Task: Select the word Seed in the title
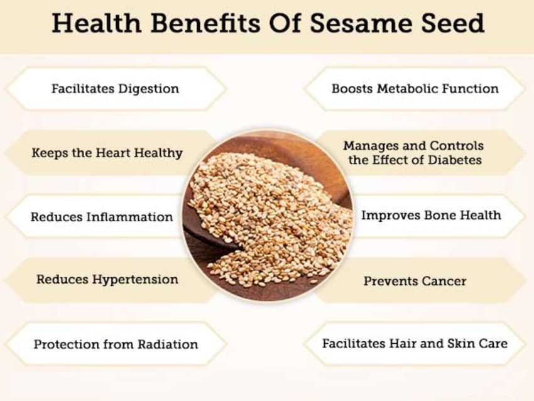coord(450,23)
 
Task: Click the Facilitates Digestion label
coord(115,89)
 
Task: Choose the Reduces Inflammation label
coord(102,217)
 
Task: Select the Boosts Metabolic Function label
coord(415,89)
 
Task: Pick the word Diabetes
coord(455,160)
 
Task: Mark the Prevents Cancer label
coord(415,281)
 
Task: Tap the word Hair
coord(408,344)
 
